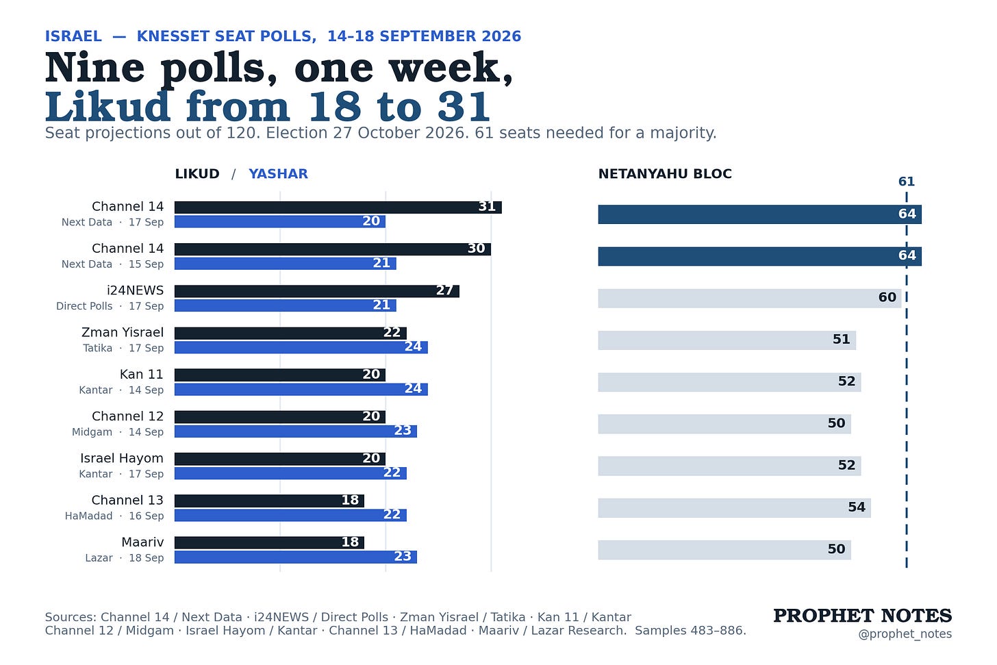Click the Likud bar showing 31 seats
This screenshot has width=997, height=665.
point(338,208)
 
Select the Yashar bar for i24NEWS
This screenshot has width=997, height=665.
point(286,305)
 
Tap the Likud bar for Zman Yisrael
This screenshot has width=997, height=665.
point(290,333)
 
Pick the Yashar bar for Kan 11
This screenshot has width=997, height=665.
point(301,389)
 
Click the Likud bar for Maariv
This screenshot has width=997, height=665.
point(269,542)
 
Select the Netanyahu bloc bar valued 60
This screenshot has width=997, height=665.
point(750,298)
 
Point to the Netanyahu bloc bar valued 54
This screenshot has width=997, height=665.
point(734,508)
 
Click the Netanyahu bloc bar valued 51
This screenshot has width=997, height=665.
point(727,340)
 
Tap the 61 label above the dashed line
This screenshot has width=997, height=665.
point(906,181)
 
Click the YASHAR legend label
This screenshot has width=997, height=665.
point(278,173)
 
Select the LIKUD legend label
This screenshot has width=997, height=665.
point(197,173)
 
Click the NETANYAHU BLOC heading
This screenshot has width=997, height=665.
point(665,173)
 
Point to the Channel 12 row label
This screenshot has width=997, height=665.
point(128,416)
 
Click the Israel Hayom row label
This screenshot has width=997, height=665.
point(122,458)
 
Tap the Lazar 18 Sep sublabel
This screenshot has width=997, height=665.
point(125,557)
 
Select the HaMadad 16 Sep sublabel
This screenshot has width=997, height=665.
point(114,516)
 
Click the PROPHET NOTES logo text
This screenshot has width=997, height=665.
point(863,616)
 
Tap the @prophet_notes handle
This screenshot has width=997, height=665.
point(905,634)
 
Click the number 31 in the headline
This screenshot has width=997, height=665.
point(464,107)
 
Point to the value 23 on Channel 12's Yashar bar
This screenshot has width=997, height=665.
point(403,430)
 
